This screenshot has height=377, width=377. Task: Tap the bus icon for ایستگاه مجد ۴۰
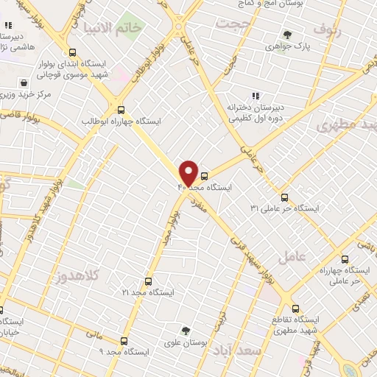(205, 176)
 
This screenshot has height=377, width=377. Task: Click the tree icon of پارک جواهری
(287, 35)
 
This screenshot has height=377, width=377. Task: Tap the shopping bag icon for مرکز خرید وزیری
(26, 83)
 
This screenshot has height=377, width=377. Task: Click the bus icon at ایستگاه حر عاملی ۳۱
(285, 197)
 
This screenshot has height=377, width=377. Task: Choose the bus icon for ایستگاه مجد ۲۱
(148, 281)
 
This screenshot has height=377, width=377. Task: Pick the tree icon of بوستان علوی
(186, 331)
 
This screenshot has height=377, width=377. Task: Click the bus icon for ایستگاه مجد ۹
(123, 341)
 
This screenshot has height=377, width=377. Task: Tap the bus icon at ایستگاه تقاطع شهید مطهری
(295, 309)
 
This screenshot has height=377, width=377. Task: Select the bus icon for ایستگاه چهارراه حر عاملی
(345, 258)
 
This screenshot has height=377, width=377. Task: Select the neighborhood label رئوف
(328, 29)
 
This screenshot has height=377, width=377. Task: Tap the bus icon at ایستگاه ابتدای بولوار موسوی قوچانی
(72, 52)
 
